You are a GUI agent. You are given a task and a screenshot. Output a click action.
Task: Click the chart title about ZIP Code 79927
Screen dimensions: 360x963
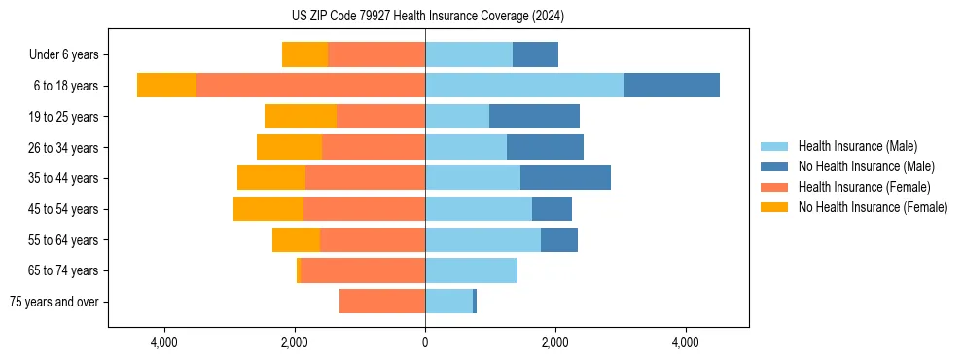click(x=428, y=17)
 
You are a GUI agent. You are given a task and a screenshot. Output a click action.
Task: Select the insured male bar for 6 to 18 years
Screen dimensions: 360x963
click(x=523, y=86)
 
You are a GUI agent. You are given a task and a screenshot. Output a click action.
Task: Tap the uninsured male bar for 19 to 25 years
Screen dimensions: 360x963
click(x=534, y=117)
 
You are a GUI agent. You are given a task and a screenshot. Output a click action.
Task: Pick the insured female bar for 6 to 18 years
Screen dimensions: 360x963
click(x=310, y=86)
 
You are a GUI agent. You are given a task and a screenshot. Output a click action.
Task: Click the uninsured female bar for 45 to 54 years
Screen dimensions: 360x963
click(x=268, y=209)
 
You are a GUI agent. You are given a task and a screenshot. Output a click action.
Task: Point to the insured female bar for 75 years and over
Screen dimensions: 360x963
click(x=382, y=302)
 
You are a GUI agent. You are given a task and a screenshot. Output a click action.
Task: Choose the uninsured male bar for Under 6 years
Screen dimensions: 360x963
click(x=535, y=54)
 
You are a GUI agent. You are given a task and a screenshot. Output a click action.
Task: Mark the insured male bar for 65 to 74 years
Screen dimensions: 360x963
click(x=471, y=270)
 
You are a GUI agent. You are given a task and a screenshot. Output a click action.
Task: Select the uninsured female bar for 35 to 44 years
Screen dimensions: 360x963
click(x=271, y=178)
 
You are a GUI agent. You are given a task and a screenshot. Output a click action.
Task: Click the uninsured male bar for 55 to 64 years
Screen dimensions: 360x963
click(x=559, y=240)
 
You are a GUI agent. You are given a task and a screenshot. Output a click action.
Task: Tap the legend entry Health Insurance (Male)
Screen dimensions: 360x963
click(x=857, y=146)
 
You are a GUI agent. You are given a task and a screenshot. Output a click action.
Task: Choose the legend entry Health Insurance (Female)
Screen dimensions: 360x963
click(x=864, y=187)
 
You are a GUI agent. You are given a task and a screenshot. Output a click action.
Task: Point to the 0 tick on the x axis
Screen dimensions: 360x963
click(x=425, y=342)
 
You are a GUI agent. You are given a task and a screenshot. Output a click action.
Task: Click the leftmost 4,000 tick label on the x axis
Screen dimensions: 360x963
click(x=164, y=342)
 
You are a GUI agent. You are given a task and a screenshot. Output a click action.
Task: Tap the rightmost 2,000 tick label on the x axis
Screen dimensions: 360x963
click(x=555, y=342)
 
